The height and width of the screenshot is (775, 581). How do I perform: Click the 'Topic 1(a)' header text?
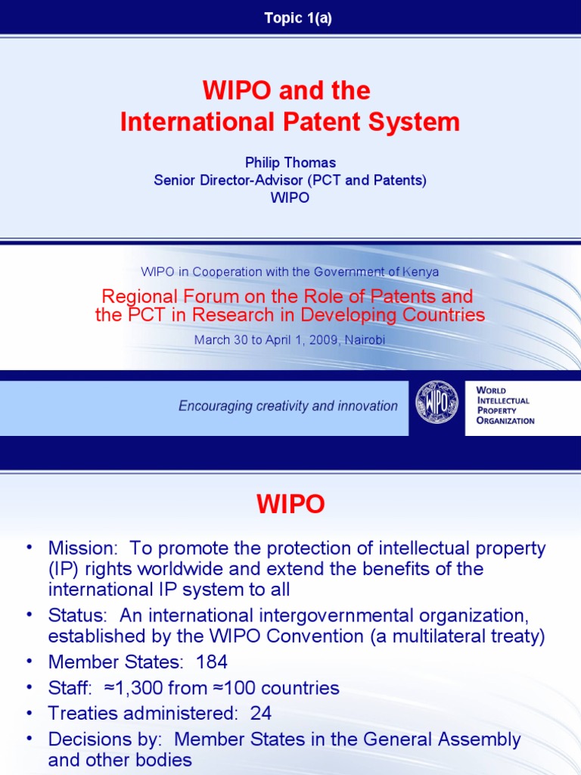pos(298,19)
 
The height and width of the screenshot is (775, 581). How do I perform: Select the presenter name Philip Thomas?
pos(290,163)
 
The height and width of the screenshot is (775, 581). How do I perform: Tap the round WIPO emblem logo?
pos(437,402)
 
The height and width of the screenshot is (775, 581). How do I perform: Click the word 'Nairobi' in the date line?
pos(365,340)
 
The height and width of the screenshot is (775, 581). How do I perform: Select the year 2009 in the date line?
pos(321,340)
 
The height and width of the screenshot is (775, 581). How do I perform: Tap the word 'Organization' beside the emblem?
pos(505,421)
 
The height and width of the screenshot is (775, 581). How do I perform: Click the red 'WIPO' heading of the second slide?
pos(290,505)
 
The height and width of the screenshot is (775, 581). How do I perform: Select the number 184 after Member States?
pos(212,662)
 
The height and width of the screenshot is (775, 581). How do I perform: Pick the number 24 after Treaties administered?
pos(260,713)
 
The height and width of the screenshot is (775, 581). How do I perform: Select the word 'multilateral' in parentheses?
pos(440,636)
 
